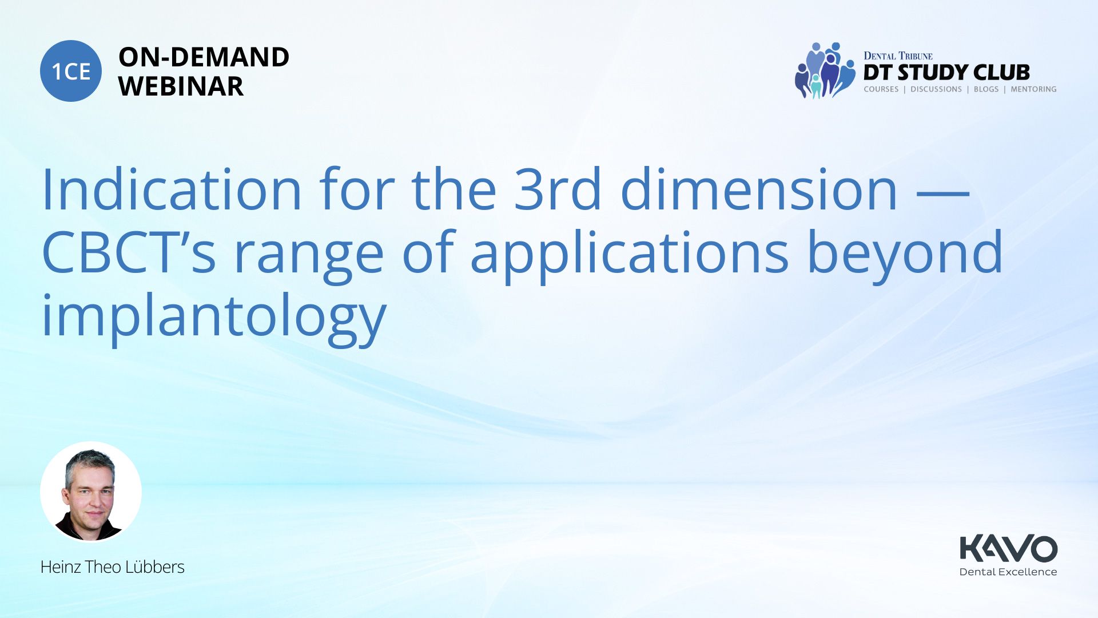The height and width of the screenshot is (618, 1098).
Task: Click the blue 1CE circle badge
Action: pyautogui.click(x=71, y=71)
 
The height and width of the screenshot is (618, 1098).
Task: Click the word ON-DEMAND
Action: pyautogui.click(x=204, y=57)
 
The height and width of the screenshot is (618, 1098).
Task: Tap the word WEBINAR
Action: pyautogui.click(x=181, y=86)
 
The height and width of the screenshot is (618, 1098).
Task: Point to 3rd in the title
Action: pyautogui.click(x=558, y=189)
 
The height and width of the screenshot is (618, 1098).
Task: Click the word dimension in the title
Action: pyautogui.click(x=759, y=189)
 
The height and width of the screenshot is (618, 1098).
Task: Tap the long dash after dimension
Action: pyautogui.click(x=943, y=194)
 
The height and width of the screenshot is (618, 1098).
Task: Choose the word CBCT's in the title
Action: pyautogui.click(x=129, y=252)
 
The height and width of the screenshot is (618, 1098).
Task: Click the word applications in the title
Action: pyautogui.click(x=630, y=255)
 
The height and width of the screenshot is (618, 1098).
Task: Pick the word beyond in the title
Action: pyautogui.click(x=905, y=255)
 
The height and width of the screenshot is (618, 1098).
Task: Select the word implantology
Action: pyautogui.click(x=214, y=318)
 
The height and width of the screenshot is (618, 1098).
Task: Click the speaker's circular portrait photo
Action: pyautogui.click(x=91, y=492)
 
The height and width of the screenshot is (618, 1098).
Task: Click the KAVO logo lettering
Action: pyautogui.click(x=1008, y=548)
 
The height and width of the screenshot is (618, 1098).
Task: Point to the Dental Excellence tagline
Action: pyautogui.click(x=1008, y=572)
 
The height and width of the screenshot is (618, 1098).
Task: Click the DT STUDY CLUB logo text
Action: pyautogui.click(x=946, y=73)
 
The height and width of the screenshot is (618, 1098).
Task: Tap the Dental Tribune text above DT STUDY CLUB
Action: pyautogui.click(x=898, y=56)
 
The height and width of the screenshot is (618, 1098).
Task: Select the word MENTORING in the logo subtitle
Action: pyautogui.click(x=1033, y=89)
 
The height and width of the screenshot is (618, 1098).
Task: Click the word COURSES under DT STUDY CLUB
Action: pyautogui.click(x=881, y=89)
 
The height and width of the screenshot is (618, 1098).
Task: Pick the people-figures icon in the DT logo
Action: pyautogui.click(x=824, y=70)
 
